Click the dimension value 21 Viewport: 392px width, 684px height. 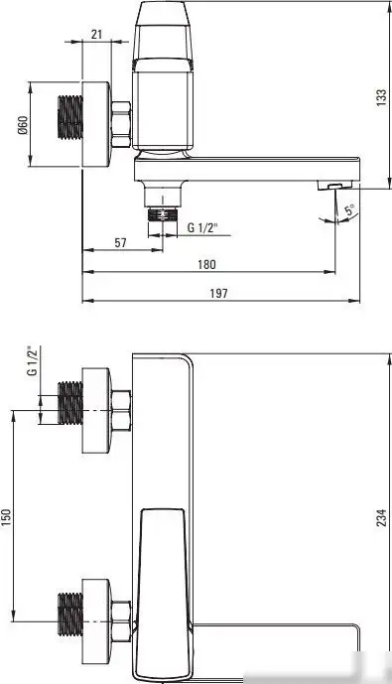tap(96, 34)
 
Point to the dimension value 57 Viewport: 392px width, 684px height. tap(118, 242)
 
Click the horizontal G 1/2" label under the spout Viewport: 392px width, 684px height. tap(203, 227)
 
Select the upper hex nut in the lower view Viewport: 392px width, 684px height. tap(122, 410)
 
